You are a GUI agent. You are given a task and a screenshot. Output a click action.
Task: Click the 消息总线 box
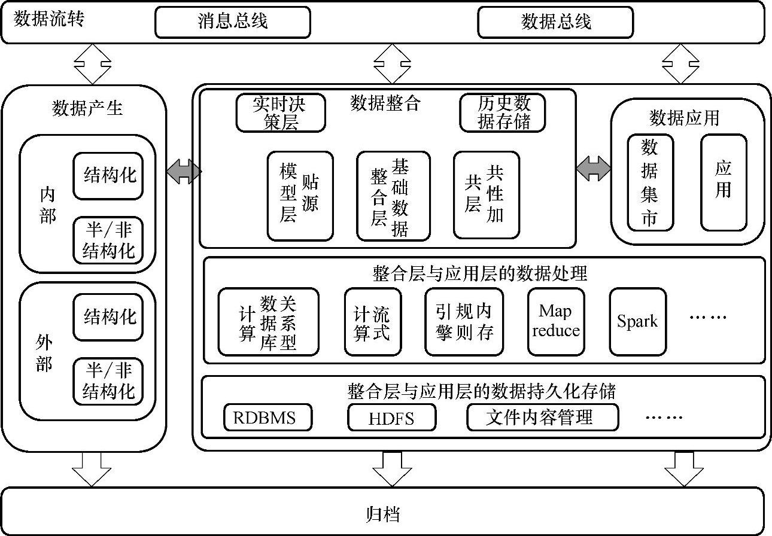pyautogui.click(x=233, y=22)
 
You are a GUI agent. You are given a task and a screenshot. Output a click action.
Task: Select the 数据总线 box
pyautogui.click(x=555, y=22)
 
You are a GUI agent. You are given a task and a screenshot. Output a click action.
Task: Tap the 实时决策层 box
pyautogui.click(x=281, y=112)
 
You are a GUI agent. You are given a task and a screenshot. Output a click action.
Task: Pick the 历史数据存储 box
pyautogui.click(x=503, y=112)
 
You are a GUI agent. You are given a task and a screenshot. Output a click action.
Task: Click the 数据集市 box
pyautogui.click(x=650, y=182)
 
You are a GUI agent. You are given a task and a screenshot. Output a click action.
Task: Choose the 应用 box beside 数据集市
pyautogui.click(x=724, y=182)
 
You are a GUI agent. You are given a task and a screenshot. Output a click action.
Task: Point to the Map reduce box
pyautogui.click(x=555, y=321)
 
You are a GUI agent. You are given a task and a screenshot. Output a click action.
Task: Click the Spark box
pyautogui.click(x=637, y=321)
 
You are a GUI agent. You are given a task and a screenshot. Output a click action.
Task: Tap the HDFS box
pyautogui.click(x=391, y=418)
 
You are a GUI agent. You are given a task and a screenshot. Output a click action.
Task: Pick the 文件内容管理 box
pyautogui.click(x=542, y=417)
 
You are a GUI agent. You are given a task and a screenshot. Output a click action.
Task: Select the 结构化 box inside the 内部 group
pyautogui.click(x=108, y=175)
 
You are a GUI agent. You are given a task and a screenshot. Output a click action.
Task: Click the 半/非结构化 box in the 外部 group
pyautogui.click(x=108, y=382)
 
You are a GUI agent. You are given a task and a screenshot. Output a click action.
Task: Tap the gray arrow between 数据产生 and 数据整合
pyautogui.click(x=183, y=172)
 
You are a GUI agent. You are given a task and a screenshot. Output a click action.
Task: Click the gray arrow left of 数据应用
pyautogui.click(x=593, y=168)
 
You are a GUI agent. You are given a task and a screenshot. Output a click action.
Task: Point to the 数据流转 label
pyautogui.click(x=49, y=19)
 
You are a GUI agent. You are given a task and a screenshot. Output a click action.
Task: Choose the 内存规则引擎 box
pyautogui.click(x=464, y=322)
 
